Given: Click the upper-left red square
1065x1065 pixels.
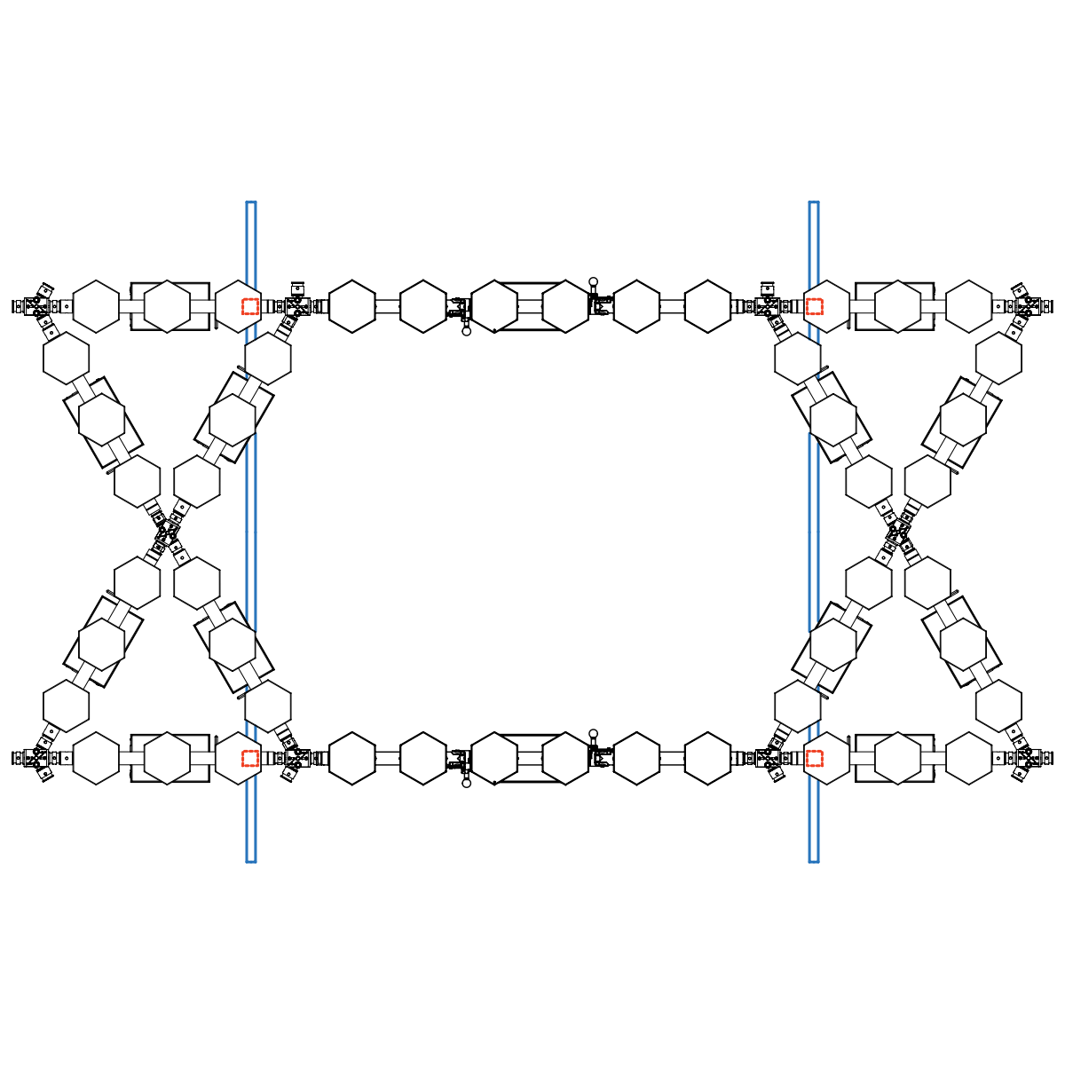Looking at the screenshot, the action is point(250,307).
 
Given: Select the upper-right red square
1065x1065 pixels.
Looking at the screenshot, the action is point(814,307).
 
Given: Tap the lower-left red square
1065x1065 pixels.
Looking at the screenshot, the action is point(250,758).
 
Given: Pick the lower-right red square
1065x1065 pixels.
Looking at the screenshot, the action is point(814,758).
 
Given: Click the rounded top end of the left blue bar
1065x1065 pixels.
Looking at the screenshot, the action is point(250,205).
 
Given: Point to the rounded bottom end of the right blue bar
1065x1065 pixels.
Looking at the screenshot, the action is point(813,859).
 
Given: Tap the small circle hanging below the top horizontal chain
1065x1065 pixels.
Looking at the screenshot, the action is point(466,332).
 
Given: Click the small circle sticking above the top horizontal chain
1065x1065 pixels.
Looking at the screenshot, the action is point(594,281).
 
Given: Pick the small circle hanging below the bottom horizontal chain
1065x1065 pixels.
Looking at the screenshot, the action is point(466,784).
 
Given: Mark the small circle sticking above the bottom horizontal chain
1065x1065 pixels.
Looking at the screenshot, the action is point(594,733).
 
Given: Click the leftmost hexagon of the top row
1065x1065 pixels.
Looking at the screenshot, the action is point(95,307).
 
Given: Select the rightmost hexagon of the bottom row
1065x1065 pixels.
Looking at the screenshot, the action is point(969,758).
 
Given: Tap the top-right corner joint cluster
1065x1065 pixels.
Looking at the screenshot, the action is point(1029,305).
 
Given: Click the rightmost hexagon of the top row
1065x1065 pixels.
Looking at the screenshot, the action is point(969,307).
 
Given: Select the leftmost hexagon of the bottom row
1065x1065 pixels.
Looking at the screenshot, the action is point(95,758).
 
